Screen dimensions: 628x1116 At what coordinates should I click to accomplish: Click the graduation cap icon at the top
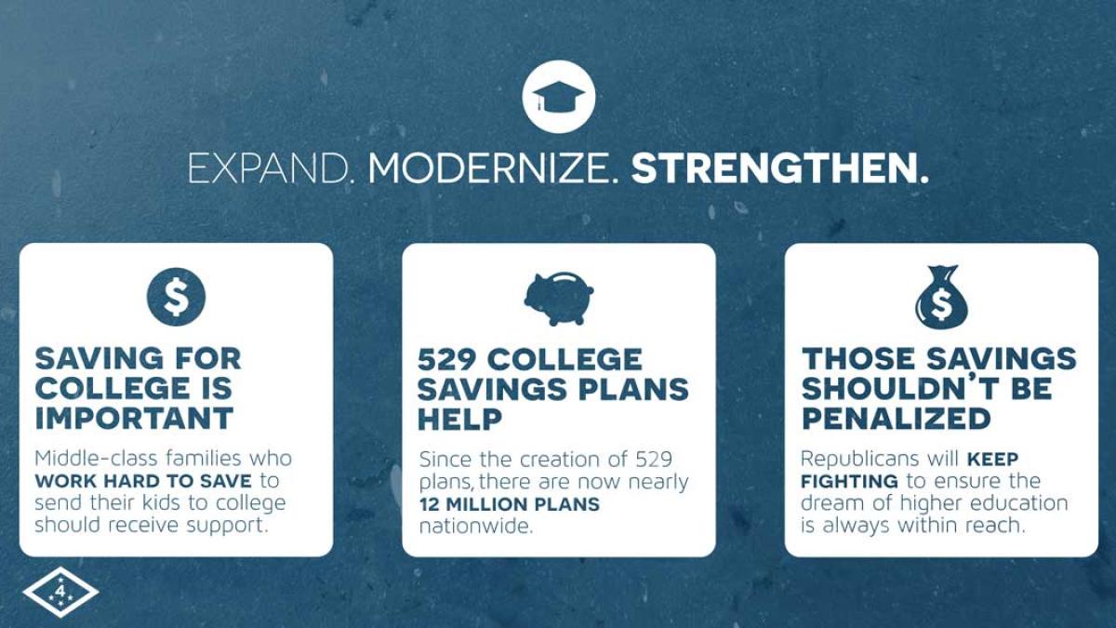tap(558, 97)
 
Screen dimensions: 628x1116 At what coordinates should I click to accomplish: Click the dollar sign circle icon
tap(176, 297)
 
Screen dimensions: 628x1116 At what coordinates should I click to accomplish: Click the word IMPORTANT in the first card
tap(134, 418)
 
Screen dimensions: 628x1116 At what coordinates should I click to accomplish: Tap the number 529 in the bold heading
tap(449, 359)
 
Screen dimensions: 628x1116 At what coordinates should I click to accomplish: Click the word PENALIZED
tap(897, 419)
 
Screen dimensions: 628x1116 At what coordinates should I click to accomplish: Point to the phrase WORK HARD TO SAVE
tap(143, 481)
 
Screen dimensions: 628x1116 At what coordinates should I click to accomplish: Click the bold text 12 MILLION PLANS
tap(509, 504)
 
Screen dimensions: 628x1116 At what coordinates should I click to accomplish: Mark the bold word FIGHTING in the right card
tap(849, 481)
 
